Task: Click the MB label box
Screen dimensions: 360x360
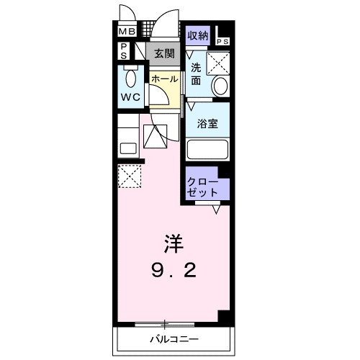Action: (x=127, y=32)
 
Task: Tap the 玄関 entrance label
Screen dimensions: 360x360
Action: (x=163, y=53)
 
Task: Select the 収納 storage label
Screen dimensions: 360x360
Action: (x=198, y=34)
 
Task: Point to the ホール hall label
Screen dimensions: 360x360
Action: (x=164, y=79)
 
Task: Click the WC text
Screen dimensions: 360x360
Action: (x=131, y=96)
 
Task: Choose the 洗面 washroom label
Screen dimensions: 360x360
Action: (x=196, y=75)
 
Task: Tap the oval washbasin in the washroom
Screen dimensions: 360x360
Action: (x=221, y=87)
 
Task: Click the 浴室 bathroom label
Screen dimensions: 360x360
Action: (x=208, y=123)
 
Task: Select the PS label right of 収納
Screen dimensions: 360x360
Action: (x=223, y=41)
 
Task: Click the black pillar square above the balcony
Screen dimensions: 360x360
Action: (x=224, y=317)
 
